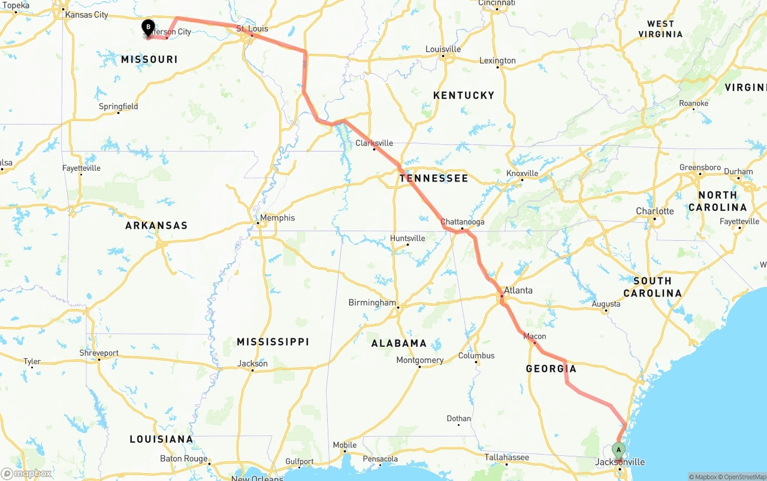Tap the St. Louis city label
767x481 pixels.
[x=252, y=29]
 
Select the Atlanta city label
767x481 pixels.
[x=518, y=291]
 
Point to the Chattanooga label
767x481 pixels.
[x=462, y=222]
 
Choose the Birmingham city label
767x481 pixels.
[x=372, y=302]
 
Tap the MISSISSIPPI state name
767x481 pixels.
[x=273, y=341]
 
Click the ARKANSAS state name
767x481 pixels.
[x=156, y=225]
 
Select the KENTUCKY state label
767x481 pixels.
[x=464, y=95]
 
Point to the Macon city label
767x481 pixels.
[x=535, y=336]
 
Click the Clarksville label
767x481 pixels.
[x=374, y=143]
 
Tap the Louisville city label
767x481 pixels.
[x=443, y=49]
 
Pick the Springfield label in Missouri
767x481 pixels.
[x=119, y=107]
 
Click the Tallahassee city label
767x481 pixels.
[x=506, y=458]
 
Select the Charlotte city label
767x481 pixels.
[x=654, y=211]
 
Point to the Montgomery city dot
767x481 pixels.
[x=419, y=367]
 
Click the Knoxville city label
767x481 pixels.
[x=521, y=174]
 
